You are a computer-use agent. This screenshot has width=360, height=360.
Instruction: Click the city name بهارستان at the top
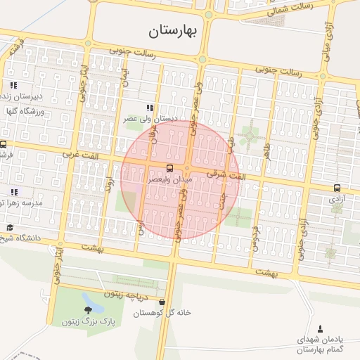point(181,30)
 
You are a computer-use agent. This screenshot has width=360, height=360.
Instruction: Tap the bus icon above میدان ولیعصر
point(169,168)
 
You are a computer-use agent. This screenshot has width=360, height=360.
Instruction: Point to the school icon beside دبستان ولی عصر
point(149,108)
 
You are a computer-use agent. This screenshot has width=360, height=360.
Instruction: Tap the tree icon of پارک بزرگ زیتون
point(88,310)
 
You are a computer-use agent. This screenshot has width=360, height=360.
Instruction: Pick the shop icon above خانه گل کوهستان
point(162,302)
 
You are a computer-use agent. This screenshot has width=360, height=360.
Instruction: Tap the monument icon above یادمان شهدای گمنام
point(321,328)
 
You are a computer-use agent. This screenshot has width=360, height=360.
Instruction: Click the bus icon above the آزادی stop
point(337,188)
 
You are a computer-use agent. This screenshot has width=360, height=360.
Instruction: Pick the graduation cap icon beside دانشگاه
point(10,227)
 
